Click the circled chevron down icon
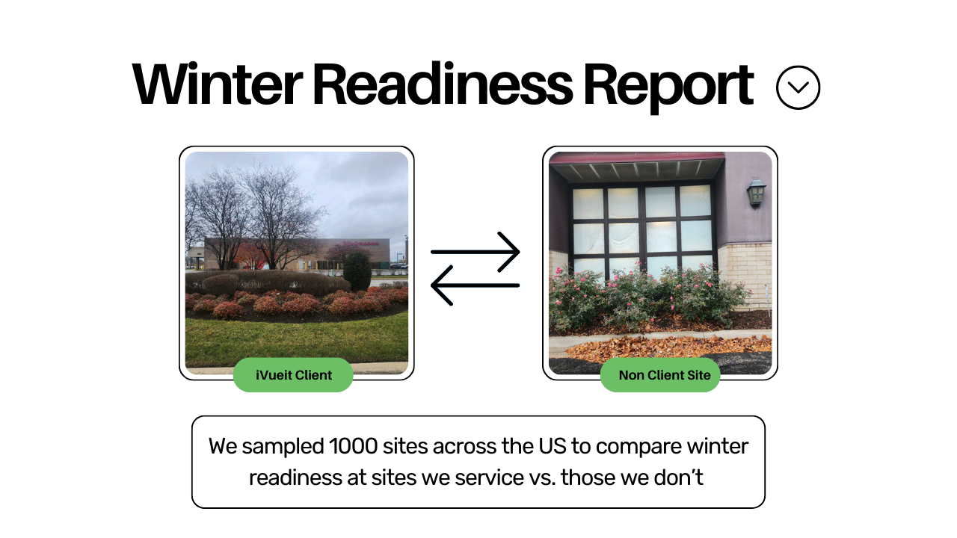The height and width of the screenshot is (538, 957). pos(798,87)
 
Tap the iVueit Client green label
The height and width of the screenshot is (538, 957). pos(293,375)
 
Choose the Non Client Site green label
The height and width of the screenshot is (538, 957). pos(660,375)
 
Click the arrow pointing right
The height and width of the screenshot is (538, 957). pos(476,252)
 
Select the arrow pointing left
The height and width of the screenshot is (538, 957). pos(476,285)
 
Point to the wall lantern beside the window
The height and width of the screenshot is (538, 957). pos(756,193)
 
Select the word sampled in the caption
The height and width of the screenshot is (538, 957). pos(283,447)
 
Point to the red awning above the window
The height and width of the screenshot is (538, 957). pos(636,158)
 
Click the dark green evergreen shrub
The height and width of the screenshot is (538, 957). pos(357,270)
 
